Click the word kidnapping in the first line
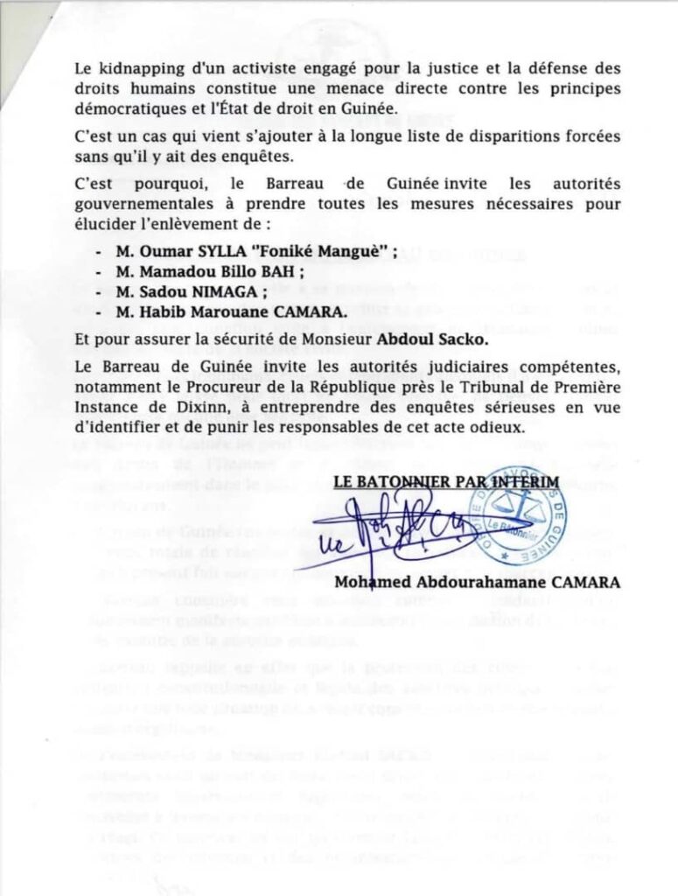point(140,68)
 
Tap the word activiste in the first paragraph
point(246,68)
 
